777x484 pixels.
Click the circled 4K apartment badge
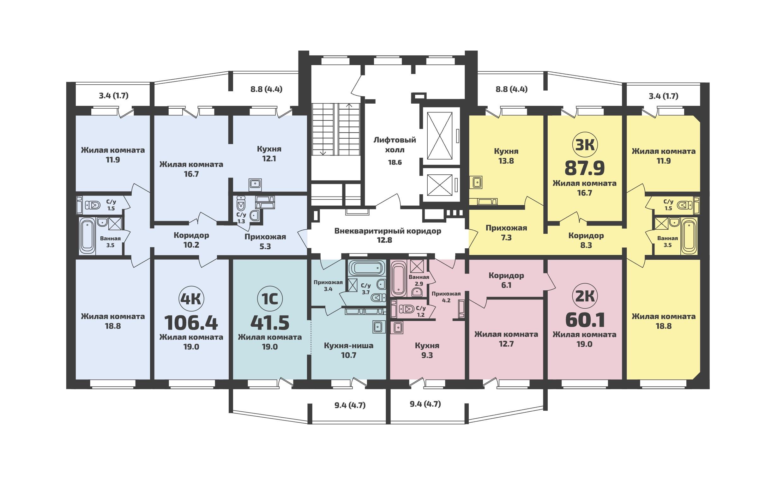coord(191,299)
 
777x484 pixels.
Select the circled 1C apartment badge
coord(270,299)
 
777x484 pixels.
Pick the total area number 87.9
coord(585,168)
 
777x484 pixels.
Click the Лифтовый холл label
coord(395,145)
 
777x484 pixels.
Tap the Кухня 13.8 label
coord(506,155)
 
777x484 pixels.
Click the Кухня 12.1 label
coord(269,154)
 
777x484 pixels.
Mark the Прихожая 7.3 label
coord(506,233)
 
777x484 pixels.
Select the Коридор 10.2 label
coord(191,240)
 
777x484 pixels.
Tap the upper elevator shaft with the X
coord(440,136)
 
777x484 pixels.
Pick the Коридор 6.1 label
coord(506,280)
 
